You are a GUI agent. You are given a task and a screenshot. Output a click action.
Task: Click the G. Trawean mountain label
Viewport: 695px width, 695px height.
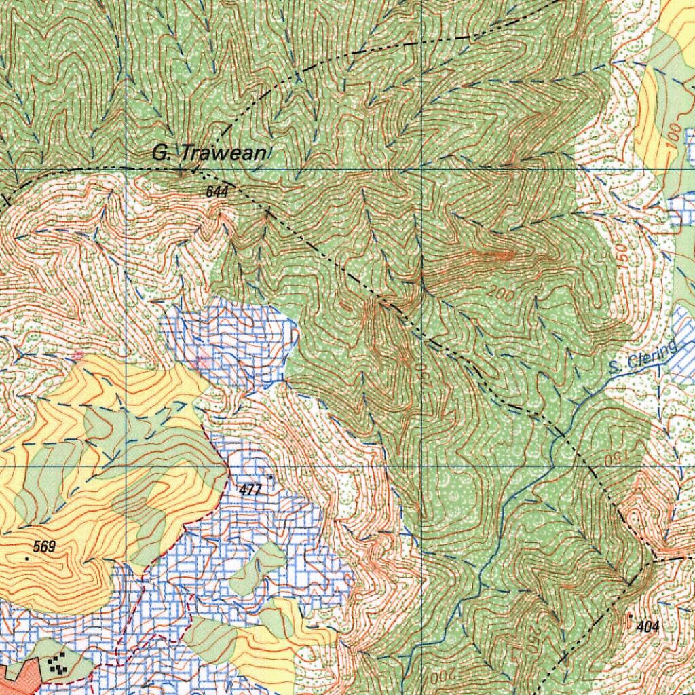point(209,153)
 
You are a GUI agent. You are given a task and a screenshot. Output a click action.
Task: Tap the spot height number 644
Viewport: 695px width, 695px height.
point(217,192)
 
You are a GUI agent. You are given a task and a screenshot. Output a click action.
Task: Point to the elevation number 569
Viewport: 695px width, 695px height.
point(44,546)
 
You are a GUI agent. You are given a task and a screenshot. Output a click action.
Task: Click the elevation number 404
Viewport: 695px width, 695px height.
point(648,627)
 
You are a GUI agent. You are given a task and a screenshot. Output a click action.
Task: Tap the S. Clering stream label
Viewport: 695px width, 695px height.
point(643,358)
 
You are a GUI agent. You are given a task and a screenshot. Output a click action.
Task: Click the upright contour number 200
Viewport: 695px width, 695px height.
point(501,295)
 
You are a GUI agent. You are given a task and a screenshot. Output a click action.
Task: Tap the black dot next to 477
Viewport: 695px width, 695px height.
point(271,478)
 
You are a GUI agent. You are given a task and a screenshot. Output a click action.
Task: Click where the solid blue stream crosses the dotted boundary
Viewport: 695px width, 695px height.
point(558,434)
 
